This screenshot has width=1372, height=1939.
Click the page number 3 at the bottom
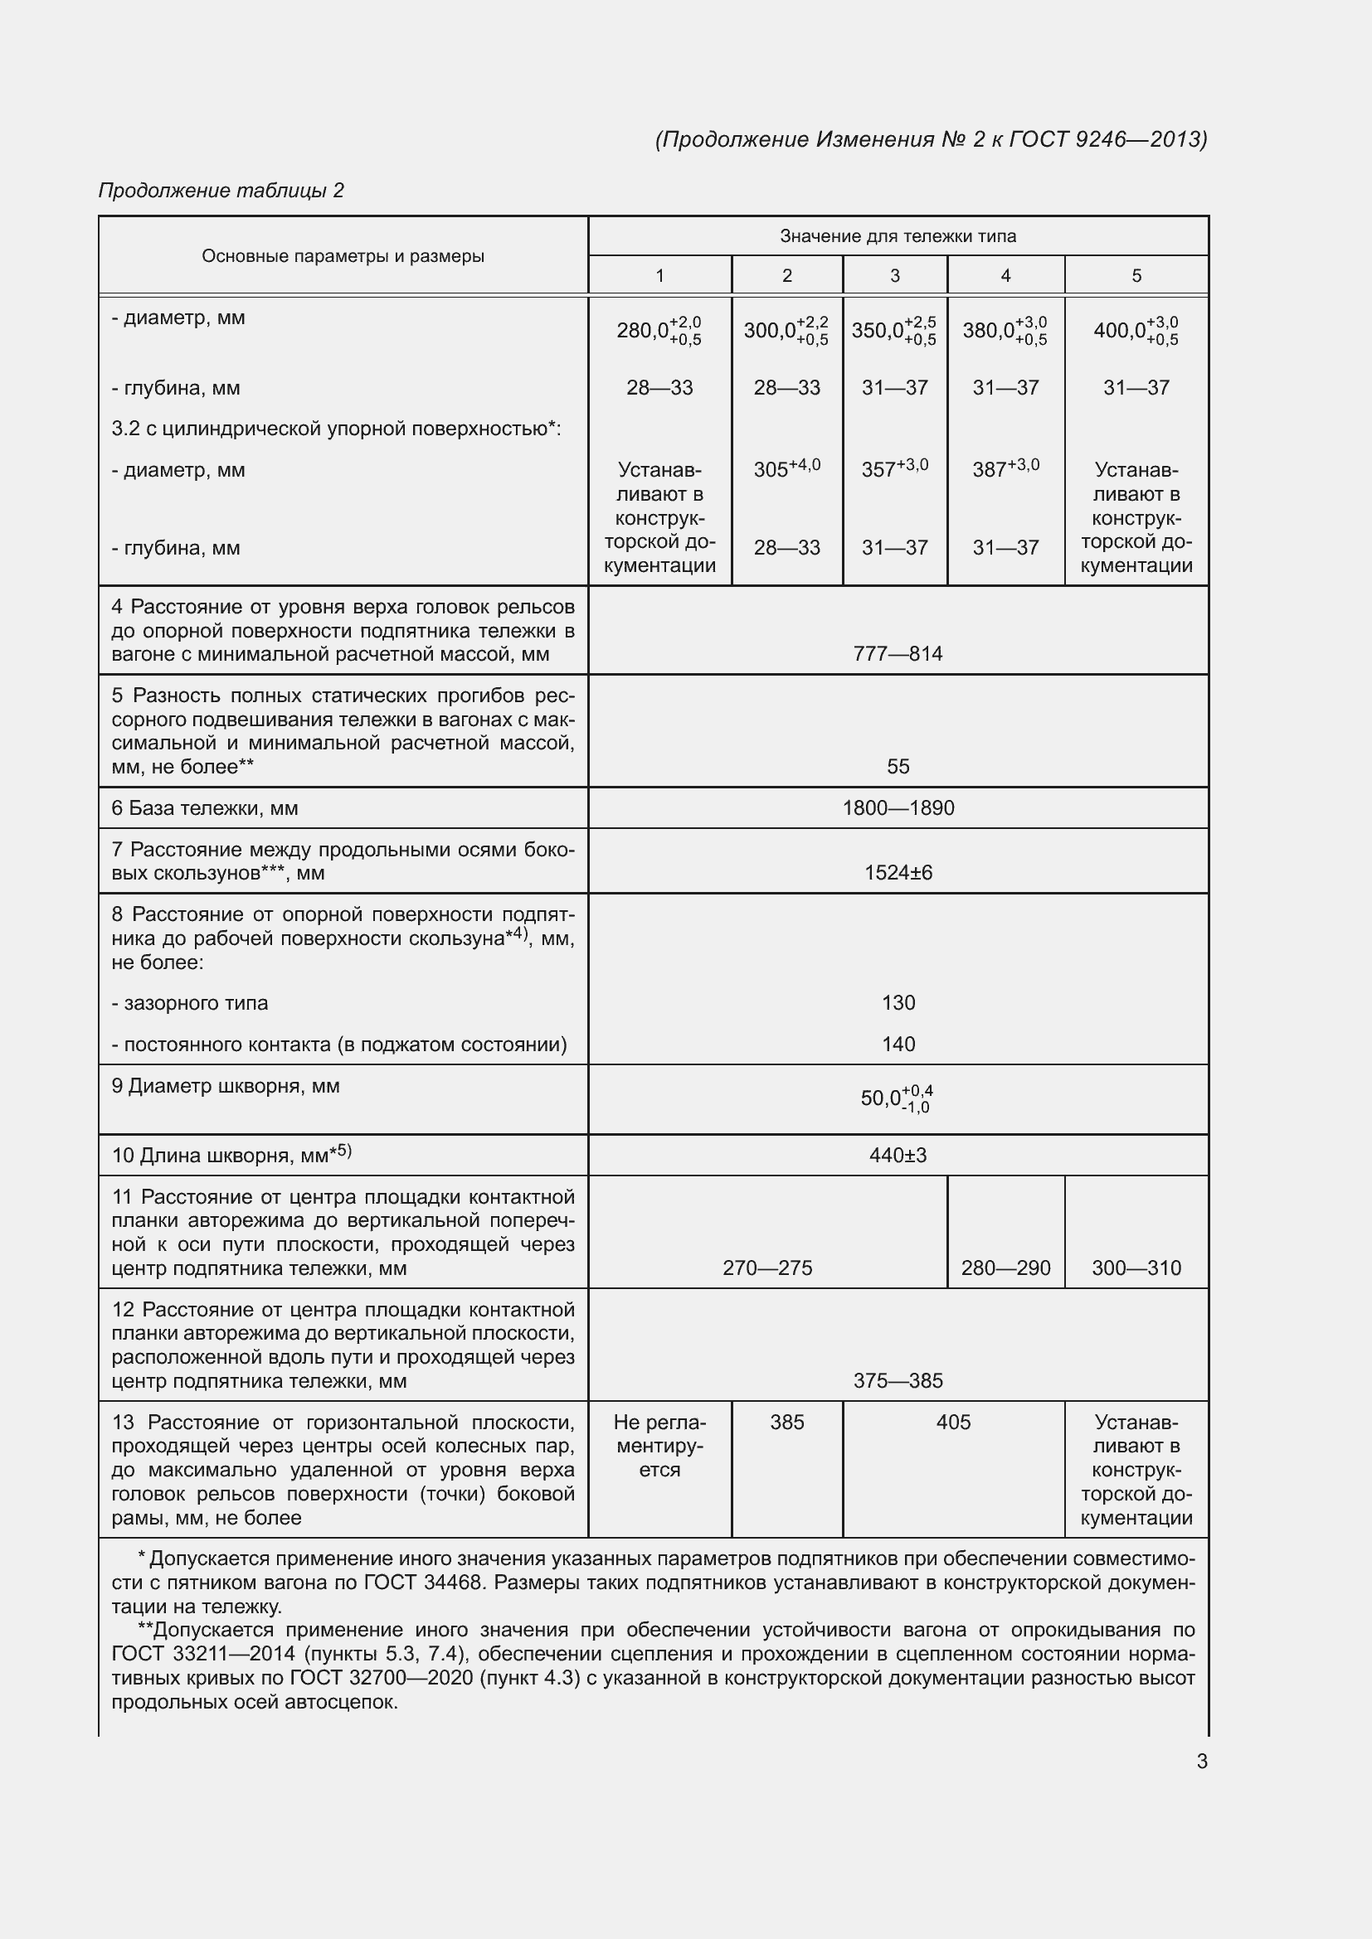(x=1201, y=1761)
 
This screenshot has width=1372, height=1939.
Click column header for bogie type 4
(x=1005, y=275)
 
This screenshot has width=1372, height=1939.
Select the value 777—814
(x=898, y=653)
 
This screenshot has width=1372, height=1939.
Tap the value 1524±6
(x=898, y=872)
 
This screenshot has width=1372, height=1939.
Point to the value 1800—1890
(x=898, y=808)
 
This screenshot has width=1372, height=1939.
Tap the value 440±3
(x=898, y=1155)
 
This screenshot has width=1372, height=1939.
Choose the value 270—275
(x=767, y=1268)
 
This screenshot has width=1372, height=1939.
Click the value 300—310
(x=1136, y=1268)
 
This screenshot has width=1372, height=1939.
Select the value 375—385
(x=898, y=1381)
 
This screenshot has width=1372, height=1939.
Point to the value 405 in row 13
(x=953, y=1423)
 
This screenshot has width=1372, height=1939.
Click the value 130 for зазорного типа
(x=898, y=1002)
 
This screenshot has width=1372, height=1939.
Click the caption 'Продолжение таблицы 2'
(x=221, y=190)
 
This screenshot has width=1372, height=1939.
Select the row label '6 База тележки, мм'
(x=204, y=808)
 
